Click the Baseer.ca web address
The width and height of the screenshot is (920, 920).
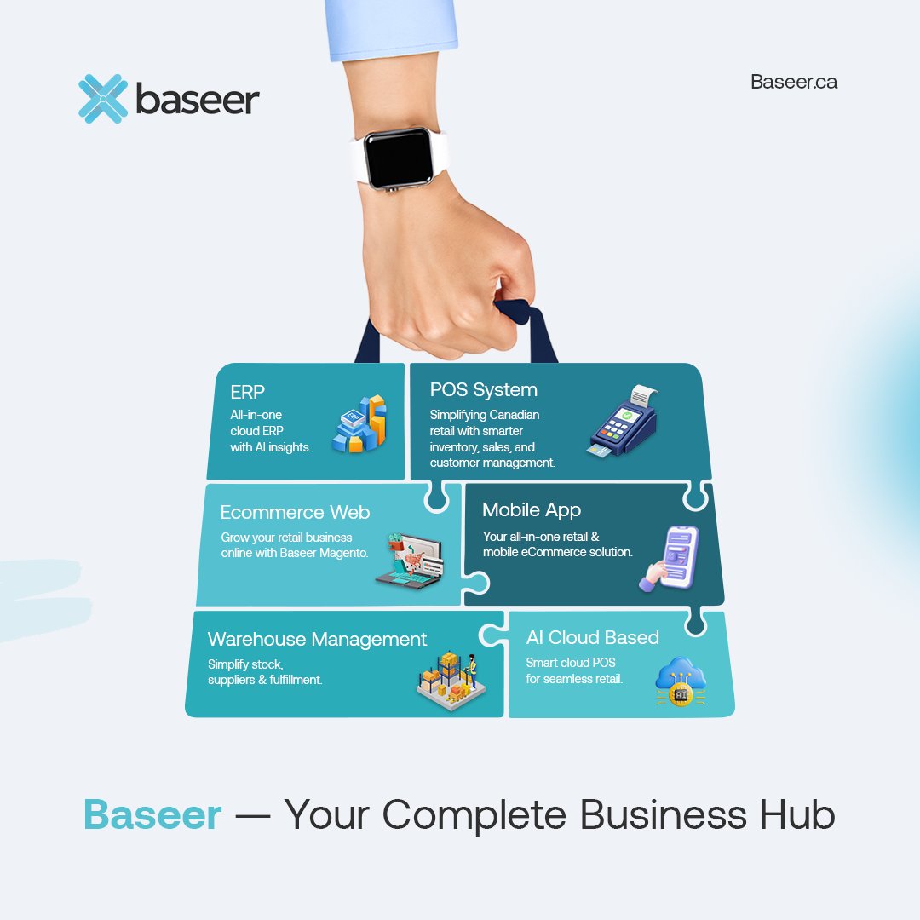point(793,82)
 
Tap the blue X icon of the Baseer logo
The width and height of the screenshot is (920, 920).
point(102,98)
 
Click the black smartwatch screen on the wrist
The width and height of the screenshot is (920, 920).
point(398,158)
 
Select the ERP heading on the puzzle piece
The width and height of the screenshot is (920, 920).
point(248,392)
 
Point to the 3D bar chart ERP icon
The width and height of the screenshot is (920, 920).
point(359,423)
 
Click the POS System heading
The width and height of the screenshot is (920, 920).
point(483,390)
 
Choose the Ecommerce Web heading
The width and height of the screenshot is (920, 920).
point(295,512)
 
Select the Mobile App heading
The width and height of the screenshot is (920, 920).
point(532,509)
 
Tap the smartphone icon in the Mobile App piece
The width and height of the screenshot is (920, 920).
point(670,558)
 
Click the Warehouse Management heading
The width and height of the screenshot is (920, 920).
point(317,639)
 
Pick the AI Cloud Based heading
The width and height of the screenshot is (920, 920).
point(592,637)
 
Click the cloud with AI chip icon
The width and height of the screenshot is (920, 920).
point(681,681)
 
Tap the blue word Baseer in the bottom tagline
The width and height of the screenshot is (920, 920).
point(152,815)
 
